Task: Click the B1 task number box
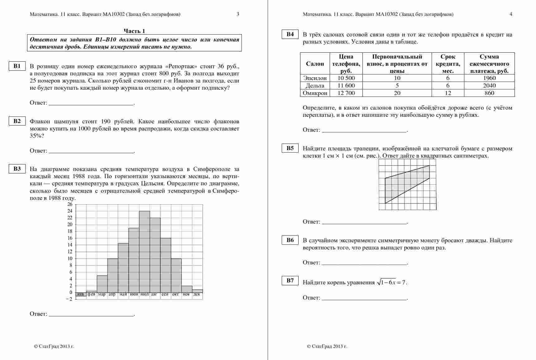coord(17,66)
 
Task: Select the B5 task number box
coord(290,148)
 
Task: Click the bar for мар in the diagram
coord(102,284)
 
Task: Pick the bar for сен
coord(165,265)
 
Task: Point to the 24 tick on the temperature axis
coord(69,211)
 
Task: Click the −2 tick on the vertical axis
coord(69,299)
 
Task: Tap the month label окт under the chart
coord(176,294)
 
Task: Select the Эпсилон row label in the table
coord(315,78)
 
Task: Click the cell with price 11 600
coord(346,86)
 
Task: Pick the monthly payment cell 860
coord(489,93)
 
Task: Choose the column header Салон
coord(315,64)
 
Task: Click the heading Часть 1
coord(134,31)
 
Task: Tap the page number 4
coord(511,14)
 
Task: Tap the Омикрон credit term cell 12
coord(448,93)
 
